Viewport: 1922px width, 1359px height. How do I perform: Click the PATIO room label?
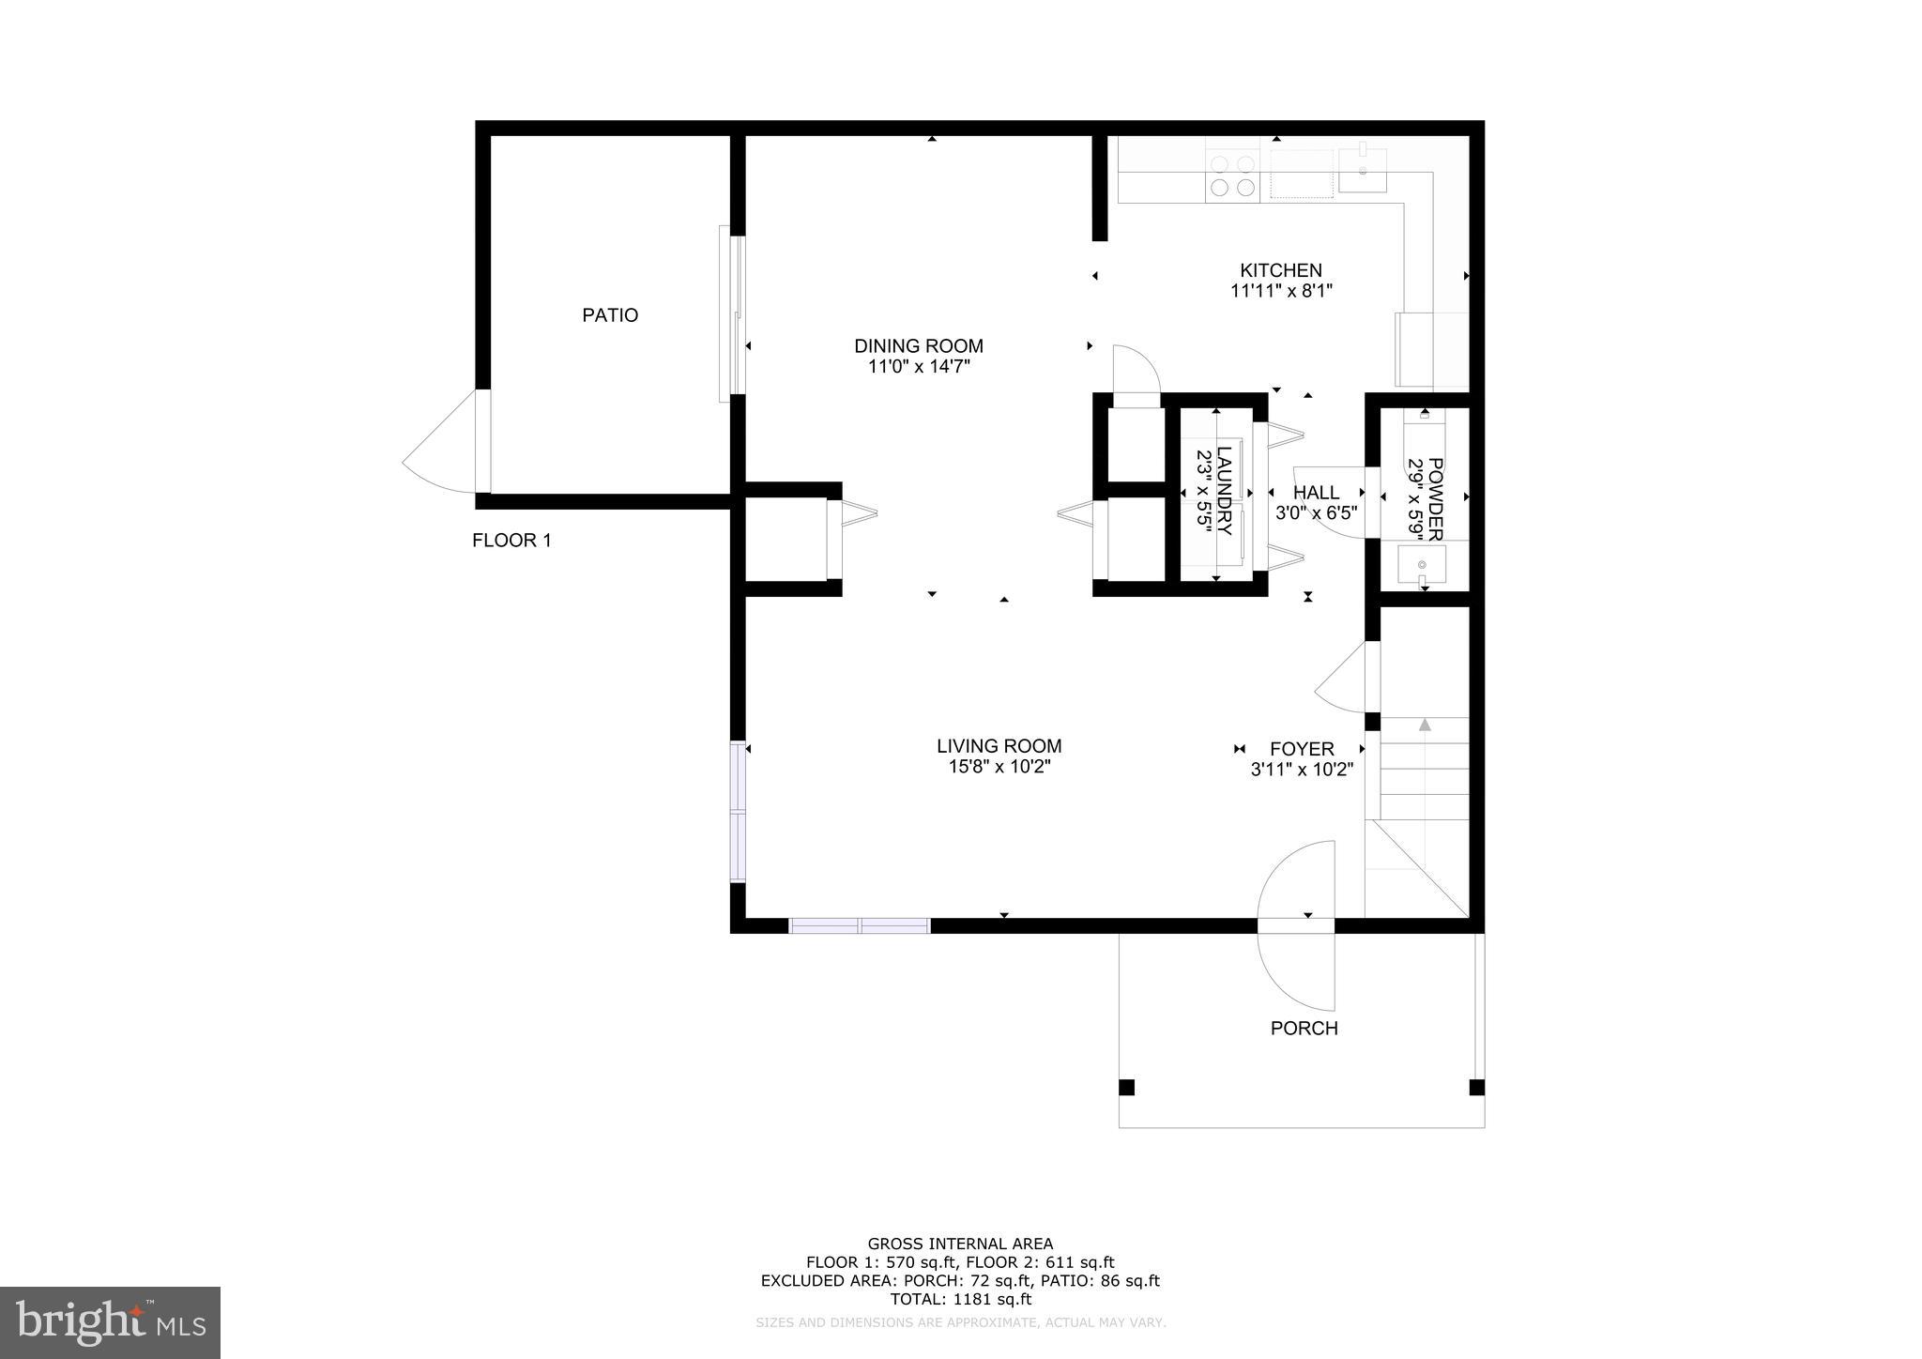pyautogui.click(x=610, y=315)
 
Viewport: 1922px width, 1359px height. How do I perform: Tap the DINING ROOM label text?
pyautogui.click(x=918, y=345)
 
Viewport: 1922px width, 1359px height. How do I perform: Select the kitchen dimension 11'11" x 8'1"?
pyautogui.click(x=1281, y=291)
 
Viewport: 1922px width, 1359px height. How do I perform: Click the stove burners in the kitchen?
pyautogui.click(x=1233, y=176)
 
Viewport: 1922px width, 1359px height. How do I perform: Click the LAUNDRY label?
pyautogui.click(x=1224, y=491)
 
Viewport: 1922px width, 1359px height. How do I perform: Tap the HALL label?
pyautogui.click(x=1316, y=493)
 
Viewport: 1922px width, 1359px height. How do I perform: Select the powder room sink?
pyautogui.click(x=1422, y=565)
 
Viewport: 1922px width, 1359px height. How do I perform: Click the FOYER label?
pyautogui.click(x=1302, y=749)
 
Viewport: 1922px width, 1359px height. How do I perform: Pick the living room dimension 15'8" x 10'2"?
pyautogui.click(x=999, y=767)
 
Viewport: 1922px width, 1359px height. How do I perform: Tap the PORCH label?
pyautogui.click(x=1304, y=1029)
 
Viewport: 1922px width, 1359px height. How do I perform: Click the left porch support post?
pyautogui.click(x=1127, y=1088)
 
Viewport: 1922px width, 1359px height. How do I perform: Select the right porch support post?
pyautogui.click(x=1476, y=1088)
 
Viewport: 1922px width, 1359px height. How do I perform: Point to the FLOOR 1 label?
pyautogui.click(x=511, y=541)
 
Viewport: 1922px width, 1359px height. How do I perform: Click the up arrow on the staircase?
pyautogui.click(x=1425, y=724)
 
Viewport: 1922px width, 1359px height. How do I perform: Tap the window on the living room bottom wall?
pyautogui.click(x=860, y=926)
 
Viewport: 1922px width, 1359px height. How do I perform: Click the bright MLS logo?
pyautogui.click(x=111, y=1322)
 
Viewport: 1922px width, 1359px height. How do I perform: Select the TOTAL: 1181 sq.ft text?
pyautogui.click(x=960, y=1299)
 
